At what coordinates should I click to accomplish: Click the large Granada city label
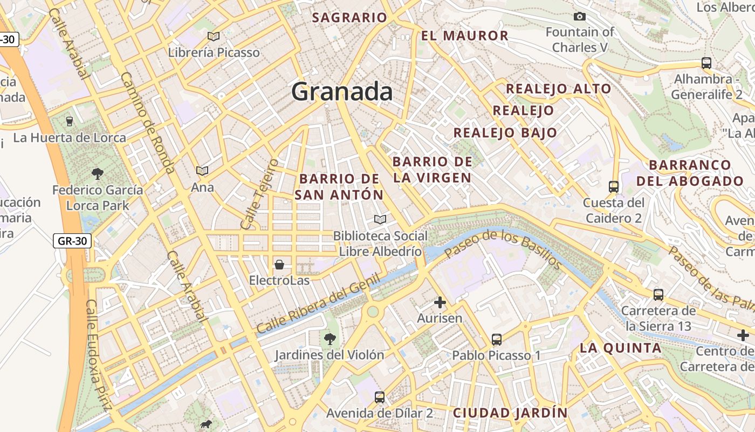tap(342, 92)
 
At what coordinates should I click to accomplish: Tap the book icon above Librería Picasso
tap(214, 36)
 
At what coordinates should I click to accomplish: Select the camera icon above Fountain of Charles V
tap(580, 16)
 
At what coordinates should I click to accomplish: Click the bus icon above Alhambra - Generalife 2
tap(706, 63)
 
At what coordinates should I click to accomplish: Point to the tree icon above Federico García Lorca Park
tap(98, 173)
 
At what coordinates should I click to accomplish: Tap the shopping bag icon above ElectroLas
tap(279, 265)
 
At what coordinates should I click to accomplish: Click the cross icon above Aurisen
tap(440, 302)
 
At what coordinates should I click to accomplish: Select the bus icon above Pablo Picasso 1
tap(497, 340)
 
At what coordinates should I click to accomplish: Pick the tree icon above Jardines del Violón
tap(330, 339)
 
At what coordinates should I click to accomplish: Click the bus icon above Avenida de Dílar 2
tap(380, 397)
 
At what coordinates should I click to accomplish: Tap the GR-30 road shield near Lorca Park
tap(72, 241)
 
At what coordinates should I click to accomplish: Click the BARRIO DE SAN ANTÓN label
tap(340, 187)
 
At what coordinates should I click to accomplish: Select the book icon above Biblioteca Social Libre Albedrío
tap(380, 219)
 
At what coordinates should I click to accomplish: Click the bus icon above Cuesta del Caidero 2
tap(614, 187)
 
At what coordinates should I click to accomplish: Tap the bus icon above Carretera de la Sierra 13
tap(658, 295)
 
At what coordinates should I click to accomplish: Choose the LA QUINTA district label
tap(621, 348)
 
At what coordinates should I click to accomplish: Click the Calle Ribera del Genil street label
tap(318, 303)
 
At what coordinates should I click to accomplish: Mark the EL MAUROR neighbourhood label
tap(465, 36)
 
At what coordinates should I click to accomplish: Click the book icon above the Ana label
tap(202, 171)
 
